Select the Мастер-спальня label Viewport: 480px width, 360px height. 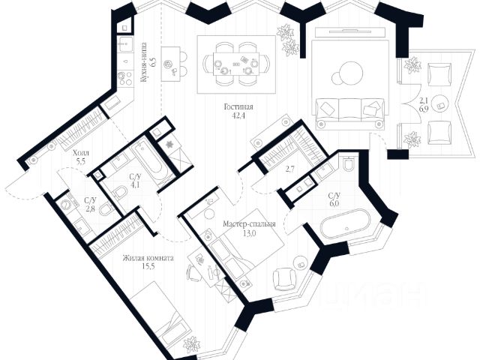pyautogui.click(x=250, y=223)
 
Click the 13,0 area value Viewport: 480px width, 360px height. pyautogui.click(x=250, y=233)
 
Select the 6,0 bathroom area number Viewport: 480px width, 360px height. pyautogui.click(x=334, y=203)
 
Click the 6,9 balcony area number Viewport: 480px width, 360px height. pyautogui.click(x=423, y=109)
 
